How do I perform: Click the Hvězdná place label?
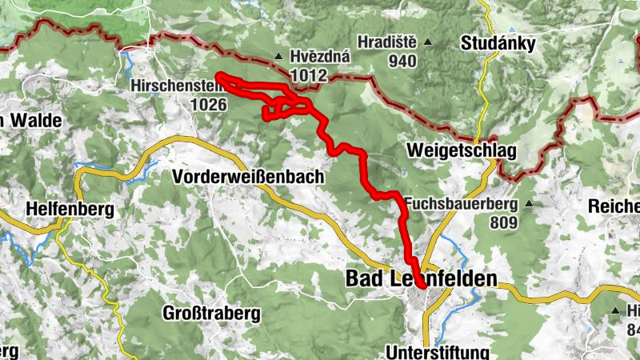point(309,57)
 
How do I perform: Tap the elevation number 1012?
point(309,74)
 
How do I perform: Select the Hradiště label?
point(388,42)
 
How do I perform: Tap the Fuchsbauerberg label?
point(460,203)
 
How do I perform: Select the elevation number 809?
point(504,222)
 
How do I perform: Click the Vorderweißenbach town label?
point(248,175)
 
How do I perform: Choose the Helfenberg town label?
point(70,209)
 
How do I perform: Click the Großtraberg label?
point(211,313)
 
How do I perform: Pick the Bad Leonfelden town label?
point(421,279)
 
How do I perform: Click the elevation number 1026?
point(210,103)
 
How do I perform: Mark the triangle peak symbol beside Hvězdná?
point(278,57)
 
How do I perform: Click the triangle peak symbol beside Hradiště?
point(428,42)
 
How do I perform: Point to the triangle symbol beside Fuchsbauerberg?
point(529,204)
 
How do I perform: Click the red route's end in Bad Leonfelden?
point(420,284)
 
